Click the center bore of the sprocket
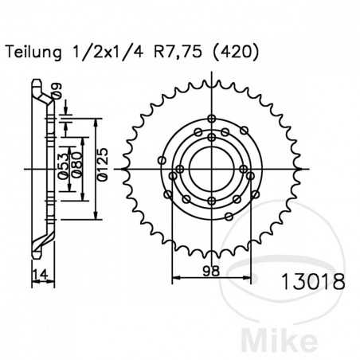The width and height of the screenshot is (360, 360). coord(211,169)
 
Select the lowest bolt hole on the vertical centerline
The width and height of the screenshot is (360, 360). coord(211,201)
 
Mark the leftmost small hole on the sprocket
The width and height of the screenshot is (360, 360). coord(162,162)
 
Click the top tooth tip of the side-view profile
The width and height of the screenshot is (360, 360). coord(37,82)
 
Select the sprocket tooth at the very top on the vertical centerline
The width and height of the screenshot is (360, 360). coord(211,78)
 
